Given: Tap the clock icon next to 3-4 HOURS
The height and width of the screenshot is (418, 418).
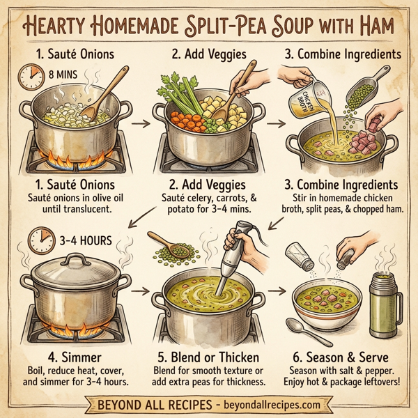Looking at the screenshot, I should point(40,243).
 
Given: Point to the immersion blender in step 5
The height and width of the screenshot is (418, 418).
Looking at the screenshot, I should point(233,261).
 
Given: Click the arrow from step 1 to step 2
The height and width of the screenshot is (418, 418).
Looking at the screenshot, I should point(140,124).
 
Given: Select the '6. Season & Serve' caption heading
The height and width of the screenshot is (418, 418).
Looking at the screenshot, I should point(344,356).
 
